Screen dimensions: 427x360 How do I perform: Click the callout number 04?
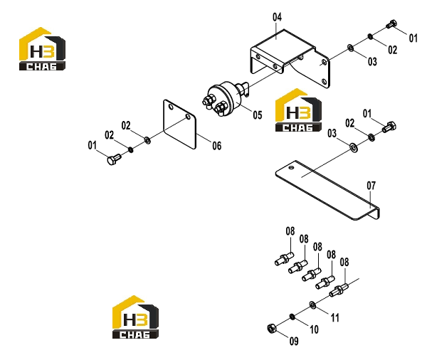[277, 17]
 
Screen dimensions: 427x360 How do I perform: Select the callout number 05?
[258, 115]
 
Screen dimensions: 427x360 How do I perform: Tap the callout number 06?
[217, 146]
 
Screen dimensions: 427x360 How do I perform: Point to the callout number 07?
[371, 186]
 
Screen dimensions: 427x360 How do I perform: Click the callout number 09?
[294, 341]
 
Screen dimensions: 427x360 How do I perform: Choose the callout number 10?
[314, 329]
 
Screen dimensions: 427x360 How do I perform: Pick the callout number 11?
[334, 318]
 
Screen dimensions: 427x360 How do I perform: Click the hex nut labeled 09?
[272, 328]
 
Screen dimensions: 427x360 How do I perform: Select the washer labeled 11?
[312, 305]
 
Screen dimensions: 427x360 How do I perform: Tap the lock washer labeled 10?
[292, 317]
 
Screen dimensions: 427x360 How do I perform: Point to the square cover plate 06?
[179, 125]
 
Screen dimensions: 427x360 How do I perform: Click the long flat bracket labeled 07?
[327, 191]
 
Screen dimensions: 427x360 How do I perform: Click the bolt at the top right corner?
[391, 24]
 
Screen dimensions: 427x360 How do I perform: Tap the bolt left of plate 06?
[114, 159]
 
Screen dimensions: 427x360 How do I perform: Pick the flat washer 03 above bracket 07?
[354, 147]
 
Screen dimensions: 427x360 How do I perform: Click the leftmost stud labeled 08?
[284, 258]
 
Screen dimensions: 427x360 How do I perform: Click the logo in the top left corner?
[42, 49]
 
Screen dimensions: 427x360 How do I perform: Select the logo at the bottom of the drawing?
[135, 317]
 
